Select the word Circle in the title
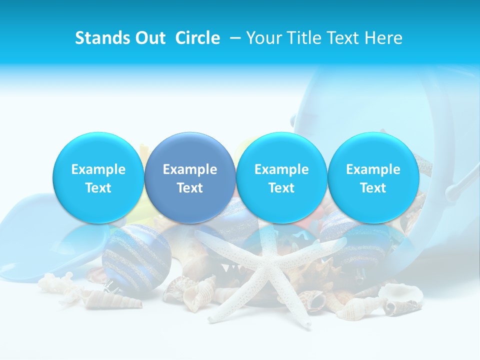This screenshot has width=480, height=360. pos(197,38)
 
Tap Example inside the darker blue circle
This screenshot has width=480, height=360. pos(190,169)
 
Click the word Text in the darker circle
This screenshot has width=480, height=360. pos(190,188)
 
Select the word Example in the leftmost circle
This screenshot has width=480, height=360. pos(98,169)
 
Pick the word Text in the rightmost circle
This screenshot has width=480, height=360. pos(373,188)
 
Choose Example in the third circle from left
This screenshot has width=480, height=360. pos(281,169)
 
